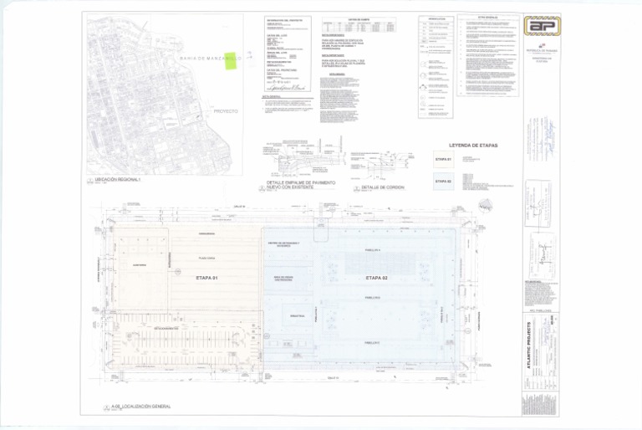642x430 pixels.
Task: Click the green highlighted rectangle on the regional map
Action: [x=230, y=61]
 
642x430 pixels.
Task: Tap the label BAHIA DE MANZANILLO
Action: [x=210, y=59]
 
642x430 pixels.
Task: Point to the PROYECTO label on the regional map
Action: [x=226, y=110]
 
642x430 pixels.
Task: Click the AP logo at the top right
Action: [x=542, y=26]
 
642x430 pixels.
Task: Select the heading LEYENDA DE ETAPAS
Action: [x=473, y=146]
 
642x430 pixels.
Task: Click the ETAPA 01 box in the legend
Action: [x=442, y=159]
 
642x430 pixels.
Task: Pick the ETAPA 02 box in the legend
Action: [x=442, y=182]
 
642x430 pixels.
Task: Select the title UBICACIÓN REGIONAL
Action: [x=116, y=180]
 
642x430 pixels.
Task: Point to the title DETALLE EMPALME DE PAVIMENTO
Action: [x=301, y=182]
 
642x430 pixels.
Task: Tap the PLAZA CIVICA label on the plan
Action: [x=207, y=259]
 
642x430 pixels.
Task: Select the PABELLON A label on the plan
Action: [x=373, y=249]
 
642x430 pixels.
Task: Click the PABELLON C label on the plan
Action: [x=373, y=342]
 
